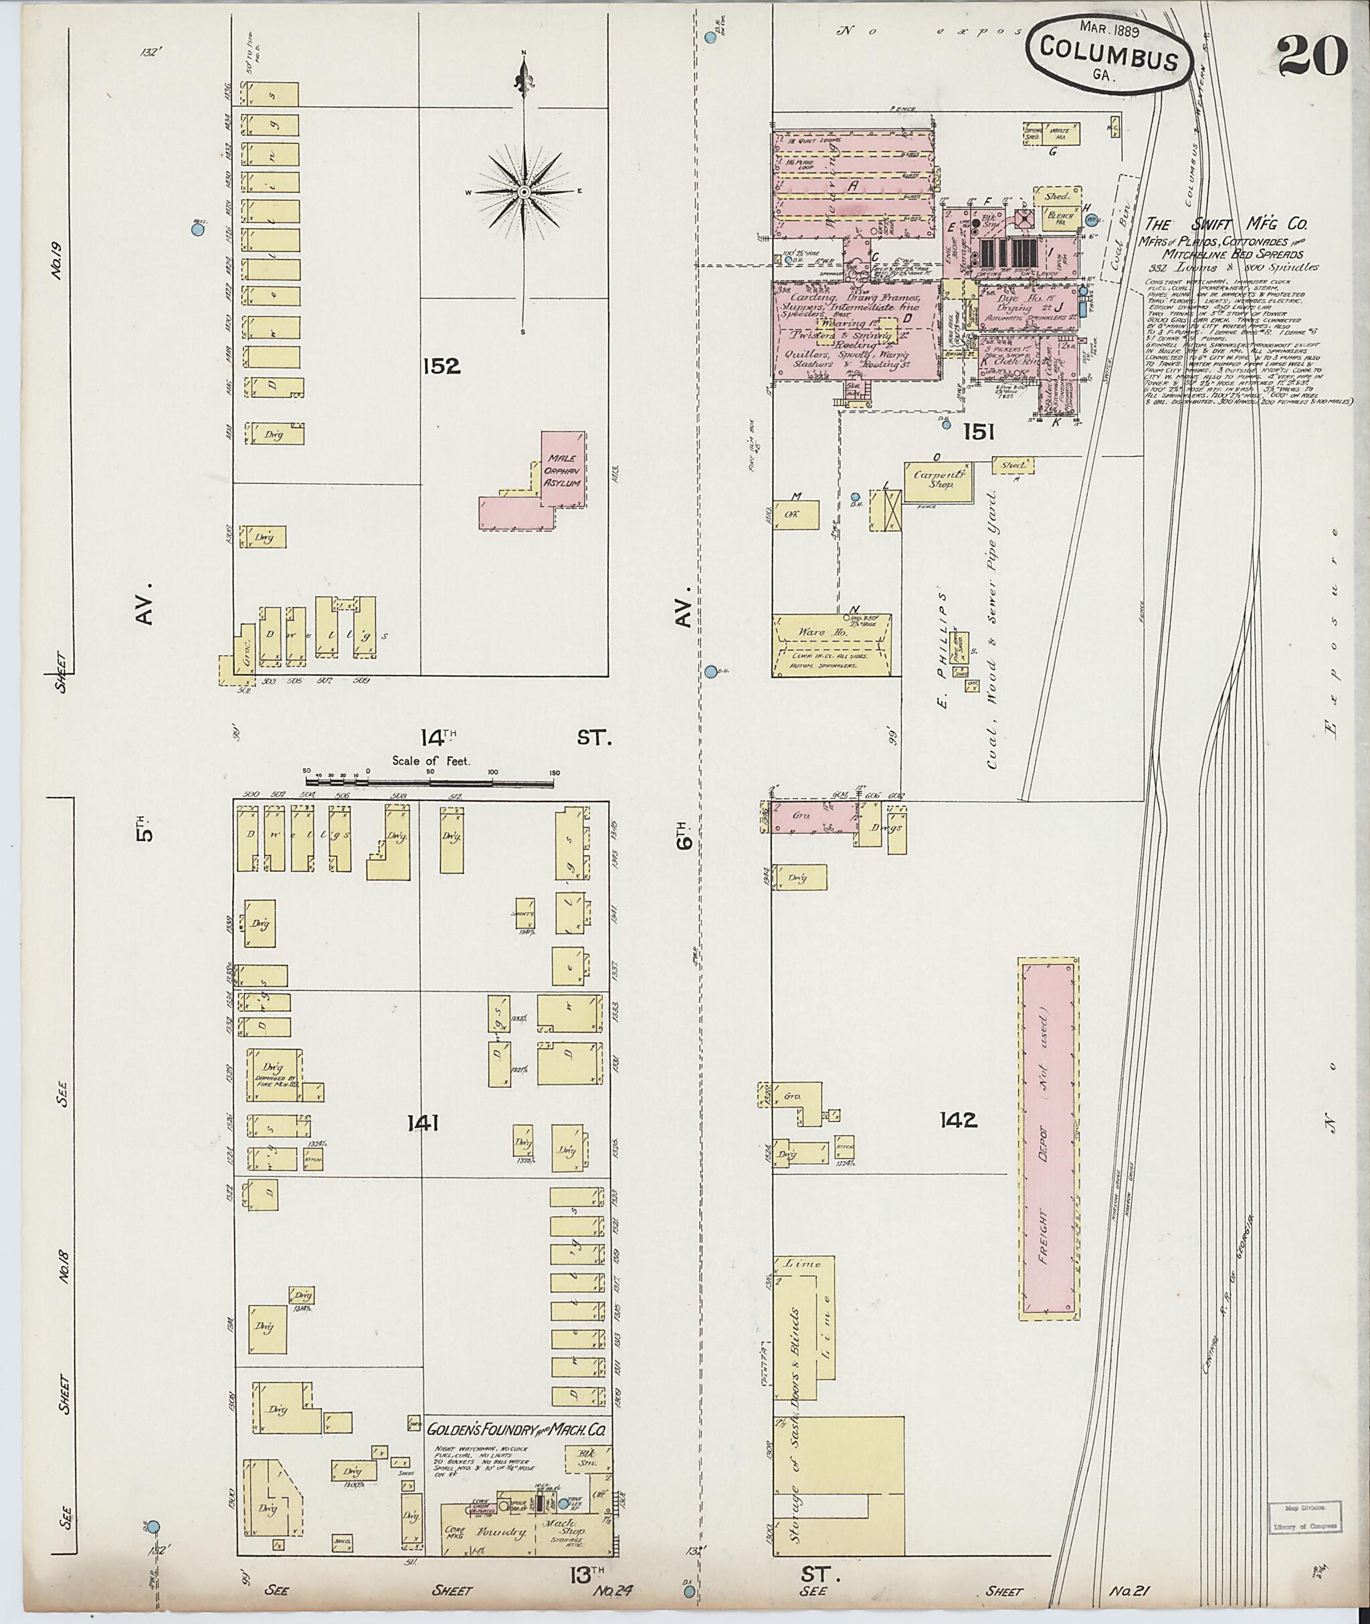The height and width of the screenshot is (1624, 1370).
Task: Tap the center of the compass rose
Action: click(x=524, y=191)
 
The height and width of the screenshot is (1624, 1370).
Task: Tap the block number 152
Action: click(x=443, y=366)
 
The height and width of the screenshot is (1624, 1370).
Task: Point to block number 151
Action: click(x=979, y=433)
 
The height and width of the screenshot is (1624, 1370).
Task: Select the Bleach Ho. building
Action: click(x=1060, y=217)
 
